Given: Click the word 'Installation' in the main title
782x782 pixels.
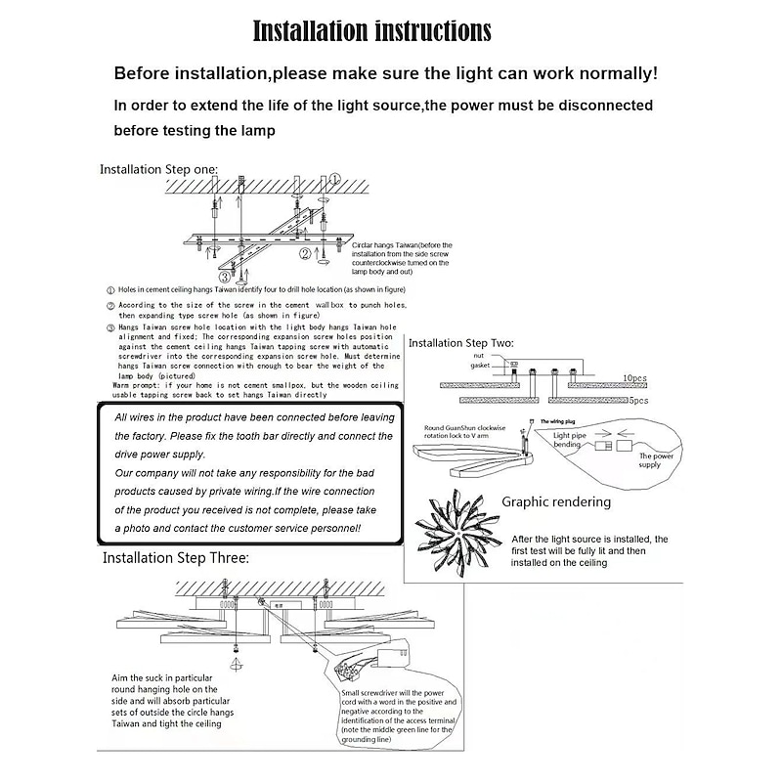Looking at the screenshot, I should [x=309, y=30].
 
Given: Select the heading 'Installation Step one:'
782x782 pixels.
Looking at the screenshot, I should [x=158, y=169].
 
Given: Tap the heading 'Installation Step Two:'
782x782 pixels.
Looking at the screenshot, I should [x=460, y=343].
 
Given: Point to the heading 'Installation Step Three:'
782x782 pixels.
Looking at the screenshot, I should [x=176, y=558].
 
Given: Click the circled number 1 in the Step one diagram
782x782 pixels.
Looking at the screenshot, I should [x=335, y=180].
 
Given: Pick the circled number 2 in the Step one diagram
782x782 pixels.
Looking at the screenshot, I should [x=305, y=255].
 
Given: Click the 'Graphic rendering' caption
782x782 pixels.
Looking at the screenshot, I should [x=556, y=502].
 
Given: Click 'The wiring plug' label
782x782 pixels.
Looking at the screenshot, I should [x=560, y=421].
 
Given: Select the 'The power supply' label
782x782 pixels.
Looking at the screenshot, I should [x=657, y=460].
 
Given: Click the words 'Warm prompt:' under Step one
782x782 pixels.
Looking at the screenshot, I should [x=136, y=385].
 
